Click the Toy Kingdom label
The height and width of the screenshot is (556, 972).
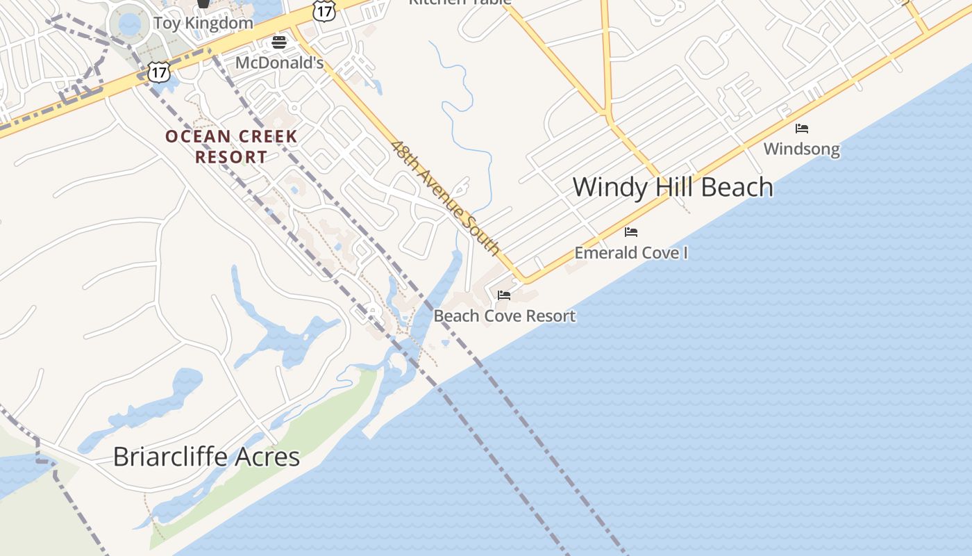203,23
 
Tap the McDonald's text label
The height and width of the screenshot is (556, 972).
279,63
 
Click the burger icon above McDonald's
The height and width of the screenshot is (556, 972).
279,42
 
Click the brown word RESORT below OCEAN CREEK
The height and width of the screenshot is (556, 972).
231,157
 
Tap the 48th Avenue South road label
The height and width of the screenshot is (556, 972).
445,197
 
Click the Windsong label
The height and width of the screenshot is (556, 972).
801,149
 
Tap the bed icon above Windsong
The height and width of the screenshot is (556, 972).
802,129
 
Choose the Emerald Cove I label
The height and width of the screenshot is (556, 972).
630,252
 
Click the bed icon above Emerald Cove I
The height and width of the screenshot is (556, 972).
631,231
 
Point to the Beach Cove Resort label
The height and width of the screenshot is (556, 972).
504,316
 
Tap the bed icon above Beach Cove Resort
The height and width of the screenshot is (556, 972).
504,295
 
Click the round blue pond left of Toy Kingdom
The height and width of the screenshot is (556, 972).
130,24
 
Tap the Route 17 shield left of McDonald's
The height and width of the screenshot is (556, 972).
159,72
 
